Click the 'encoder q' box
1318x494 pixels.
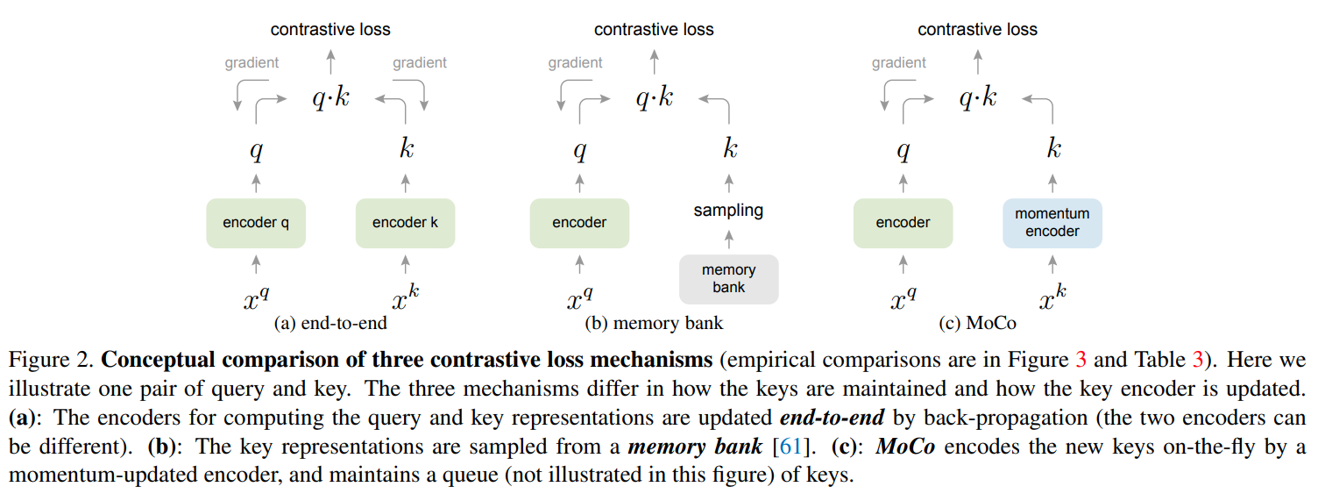[x=256, y=223]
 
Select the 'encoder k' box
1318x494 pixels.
[x=405, y=223]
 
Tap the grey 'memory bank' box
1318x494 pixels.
[x=728, y=279]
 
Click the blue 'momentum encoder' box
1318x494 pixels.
[x=1052, y=223]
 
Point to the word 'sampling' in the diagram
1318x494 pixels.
[x=728, y=211]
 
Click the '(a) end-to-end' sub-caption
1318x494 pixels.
[x=330, y=323]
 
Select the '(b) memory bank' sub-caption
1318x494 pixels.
[x=654, y=323]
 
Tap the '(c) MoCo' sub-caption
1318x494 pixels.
[x=977, y=323]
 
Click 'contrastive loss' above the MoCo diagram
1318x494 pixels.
[x=977, y=30]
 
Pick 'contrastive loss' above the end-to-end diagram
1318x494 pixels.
[x=330, y=30]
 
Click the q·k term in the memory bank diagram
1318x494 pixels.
[x=654, y=97]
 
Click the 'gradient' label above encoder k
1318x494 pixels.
[x=419, y=62]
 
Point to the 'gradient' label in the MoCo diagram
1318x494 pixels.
[x=899, y=62]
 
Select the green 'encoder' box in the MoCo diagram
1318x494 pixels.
[x=903, y=223]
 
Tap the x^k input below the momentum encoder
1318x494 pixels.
[x=1052, y=299]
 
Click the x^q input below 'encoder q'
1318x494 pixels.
[x=256, y=299]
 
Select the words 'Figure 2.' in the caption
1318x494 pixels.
[x=51, y=361]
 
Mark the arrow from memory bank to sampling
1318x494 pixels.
[x=728, y=239]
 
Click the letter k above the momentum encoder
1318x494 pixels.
[x=1053, y=149]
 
